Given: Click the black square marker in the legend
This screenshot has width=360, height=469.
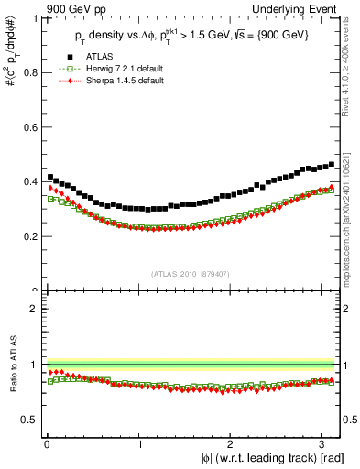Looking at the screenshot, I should (64, 58).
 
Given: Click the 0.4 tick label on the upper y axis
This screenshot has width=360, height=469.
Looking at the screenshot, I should (30, 180).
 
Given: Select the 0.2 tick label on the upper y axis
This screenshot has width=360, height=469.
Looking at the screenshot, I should (30, 236).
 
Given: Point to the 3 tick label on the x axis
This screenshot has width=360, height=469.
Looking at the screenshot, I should (322, 444).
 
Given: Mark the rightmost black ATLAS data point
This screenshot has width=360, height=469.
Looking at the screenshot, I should (332, 165).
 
